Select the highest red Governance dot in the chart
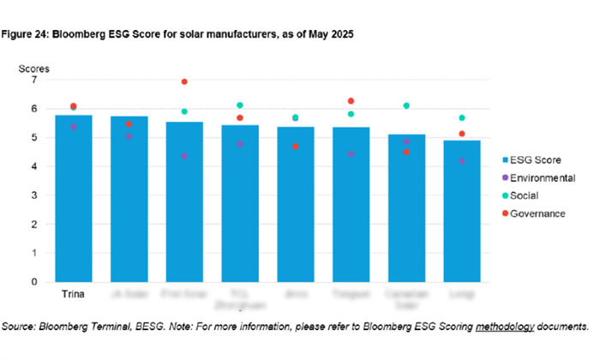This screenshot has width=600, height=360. pos(183,81)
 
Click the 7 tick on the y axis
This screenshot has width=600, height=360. pos(34,80)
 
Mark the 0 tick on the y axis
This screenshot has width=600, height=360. pos(34,281)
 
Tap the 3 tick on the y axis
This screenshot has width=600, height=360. pos(34,195)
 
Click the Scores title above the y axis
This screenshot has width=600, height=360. pos(35,67)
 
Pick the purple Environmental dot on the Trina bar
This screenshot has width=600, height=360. pos(74,126)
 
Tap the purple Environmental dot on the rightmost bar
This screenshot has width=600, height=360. pos(461,160)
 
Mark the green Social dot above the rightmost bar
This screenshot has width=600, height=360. pos(461,117)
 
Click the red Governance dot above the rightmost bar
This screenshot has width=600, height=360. pos(461,134)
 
